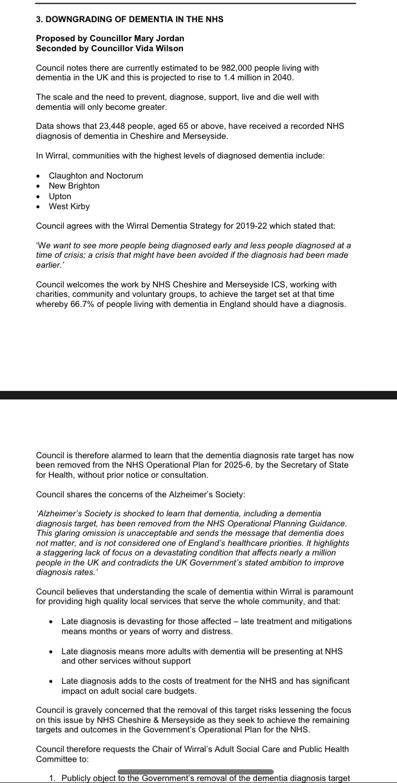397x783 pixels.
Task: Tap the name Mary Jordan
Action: [x=159, y=39]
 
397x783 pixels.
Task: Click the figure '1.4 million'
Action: [x=246, y=78]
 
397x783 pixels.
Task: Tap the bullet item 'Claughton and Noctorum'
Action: [x=96, y=175]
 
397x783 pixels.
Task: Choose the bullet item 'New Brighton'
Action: [x=74, y=185]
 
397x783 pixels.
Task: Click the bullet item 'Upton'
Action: [x=60, y=196]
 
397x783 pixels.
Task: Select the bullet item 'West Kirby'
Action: [x=69, y=206]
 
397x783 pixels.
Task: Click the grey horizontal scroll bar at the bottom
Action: [x=196, y=772]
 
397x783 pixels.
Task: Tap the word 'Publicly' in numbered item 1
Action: [x=77, y=778]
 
